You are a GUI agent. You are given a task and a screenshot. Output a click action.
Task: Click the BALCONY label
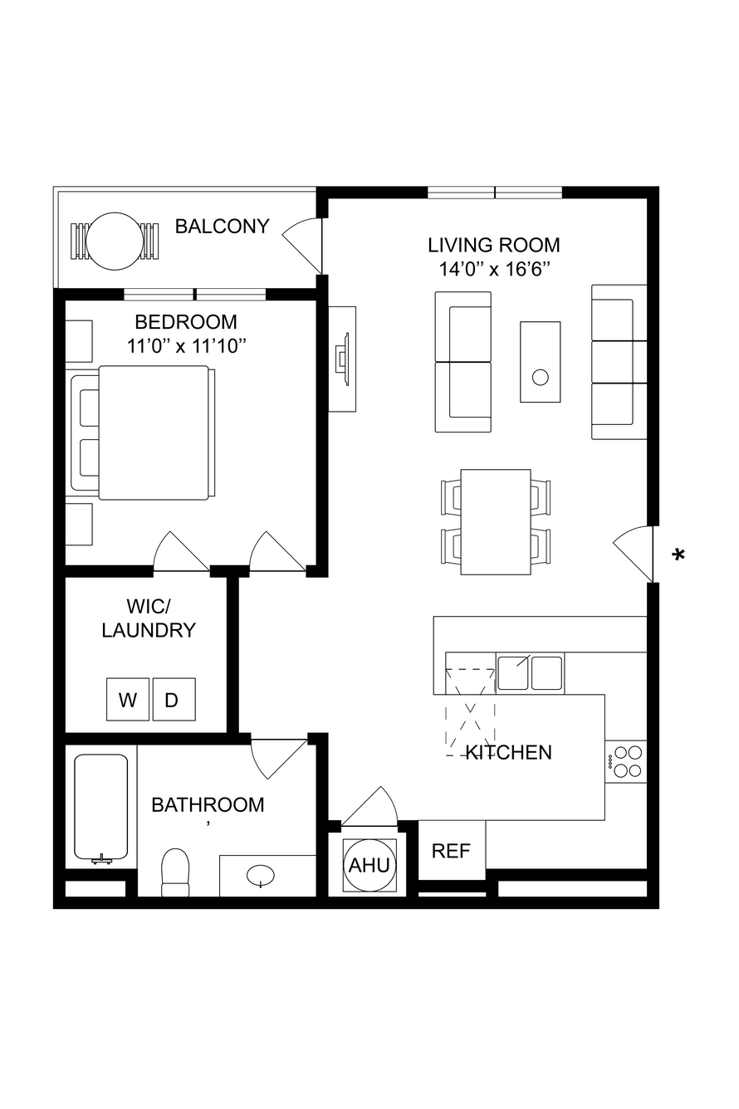coord(222,227)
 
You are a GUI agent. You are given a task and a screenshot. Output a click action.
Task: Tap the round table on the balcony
coord(115,241)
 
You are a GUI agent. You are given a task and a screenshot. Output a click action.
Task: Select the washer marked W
coord(128,699)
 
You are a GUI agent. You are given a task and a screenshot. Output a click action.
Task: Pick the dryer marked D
coord(174,699)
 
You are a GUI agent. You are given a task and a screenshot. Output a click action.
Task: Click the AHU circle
coord(369,866)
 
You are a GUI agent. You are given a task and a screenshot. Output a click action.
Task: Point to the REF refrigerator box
coord(452,850)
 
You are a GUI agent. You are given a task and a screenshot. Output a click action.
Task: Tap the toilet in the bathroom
coord(176,872)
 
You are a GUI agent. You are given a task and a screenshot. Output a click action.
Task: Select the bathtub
coord(101,808)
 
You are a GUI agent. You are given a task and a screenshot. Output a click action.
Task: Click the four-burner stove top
coord(626,761)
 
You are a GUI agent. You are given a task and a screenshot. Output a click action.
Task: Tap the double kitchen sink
coord(530,673)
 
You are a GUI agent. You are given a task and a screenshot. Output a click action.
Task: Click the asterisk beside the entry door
coord(678,554)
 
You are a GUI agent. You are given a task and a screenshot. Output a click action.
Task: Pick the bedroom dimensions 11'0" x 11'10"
coord(187,346)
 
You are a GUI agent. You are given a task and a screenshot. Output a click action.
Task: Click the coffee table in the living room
coord(540,361)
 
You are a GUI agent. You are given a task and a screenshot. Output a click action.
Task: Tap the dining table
coord(496,522)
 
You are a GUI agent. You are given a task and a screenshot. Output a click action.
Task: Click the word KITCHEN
coord(509,753)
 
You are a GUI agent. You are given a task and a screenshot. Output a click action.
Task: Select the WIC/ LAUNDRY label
coord(149,618)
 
